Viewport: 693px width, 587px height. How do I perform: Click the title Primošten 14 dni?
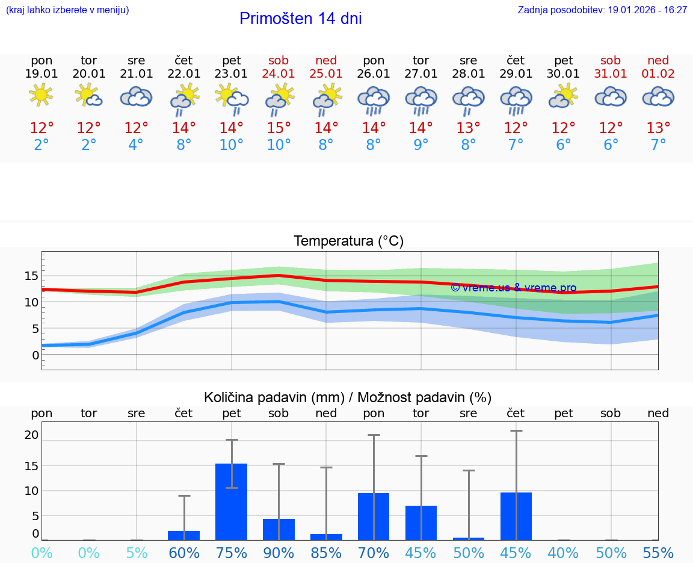click(x=300, y=19)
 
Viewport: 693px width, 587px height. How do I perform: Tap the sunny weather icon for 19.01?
click(x=41, y=95)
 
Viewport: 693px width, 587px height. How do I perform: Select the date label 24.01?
click(x=279, y=73)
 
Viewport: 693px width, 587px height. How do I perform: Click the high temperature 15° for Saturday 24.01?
click(x=279, y=128)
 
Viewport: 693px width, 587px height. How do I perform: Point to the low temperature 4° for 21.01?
click(x=136, y=145)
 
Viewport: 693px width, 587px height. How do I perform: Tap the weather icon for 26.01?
click(x=374, y=99)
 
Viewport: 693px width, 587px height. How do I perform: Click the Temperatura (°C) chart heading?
click(x=348, y=241)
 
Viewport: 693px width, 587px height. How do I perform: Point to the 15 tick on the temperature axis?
click(x=31, y=276)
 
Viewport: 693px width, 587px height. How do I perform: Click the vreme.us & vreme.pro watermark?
click(x=513, y=288)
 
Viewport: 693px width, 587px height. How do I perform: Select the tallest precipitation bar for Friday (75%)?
click(x=232, y=502)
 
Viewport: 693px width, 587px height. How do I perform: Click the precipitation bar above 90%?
click(x=279, y=529)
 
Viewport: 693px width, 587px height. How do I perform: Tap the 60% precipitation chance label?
click(x=184, y=553)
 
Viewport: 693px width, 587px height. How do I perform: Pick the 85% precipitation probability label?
click(x=326, y=553)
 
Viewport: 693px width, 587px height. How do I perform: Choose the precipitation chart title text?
click(x=348, y=397)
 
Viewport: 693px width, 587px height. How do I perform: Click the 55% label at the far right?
click(x=658, y=553)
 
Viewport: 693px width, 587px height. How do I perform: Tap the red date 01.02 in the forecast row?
click(x=658, y=73)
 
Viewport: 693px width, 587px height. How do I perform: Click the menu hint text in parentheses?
click(x=67, y=10)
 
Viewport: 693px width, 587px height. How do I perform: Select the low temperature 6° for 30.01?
click(x=563, y=145)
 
